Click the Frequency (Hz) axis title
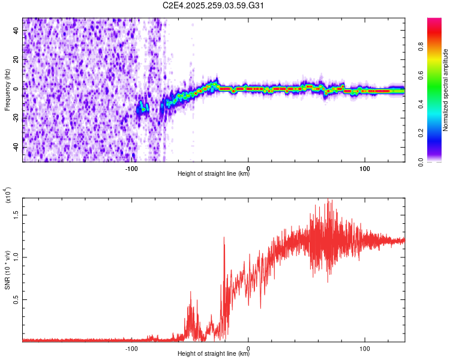tap(7, 89)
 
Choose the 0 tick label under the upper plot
tap(248, 169)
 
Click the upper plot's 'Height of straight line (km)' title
tap(214, 175)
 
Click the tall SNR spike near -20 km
tap(224, 238)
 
